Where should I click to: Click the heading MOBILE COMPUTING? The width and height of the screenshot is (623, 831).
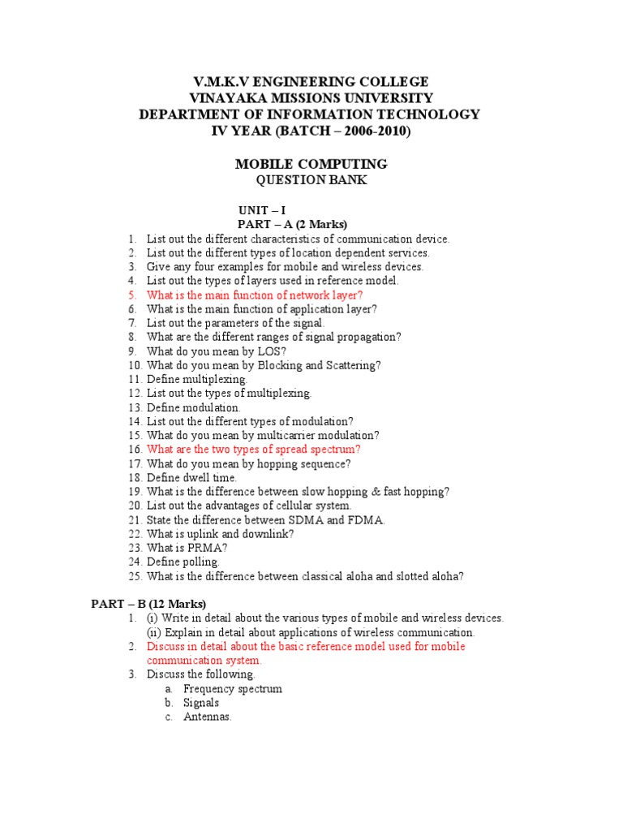311,164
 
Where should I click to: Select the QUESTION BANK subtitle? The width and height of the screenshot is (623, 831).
311,180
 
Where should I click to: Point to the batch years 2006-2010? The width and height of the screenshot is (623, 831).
380,131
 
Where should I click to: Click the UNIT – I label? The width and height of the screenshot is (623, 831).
261,209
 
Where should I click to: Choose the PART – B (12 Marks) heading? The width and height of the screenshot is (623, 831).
148,604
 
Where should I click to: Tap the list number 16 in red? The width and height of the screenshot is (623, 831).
135,450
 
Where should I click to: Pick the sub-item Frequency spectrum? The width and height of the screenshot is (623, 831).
233,689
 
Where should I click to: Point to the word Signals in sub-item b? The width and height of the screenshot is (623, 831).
201,703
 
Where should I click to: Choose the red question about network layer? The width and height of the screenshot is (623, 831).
255,295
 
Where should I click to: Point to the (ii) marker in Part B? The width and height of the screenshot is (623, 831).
153,632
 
